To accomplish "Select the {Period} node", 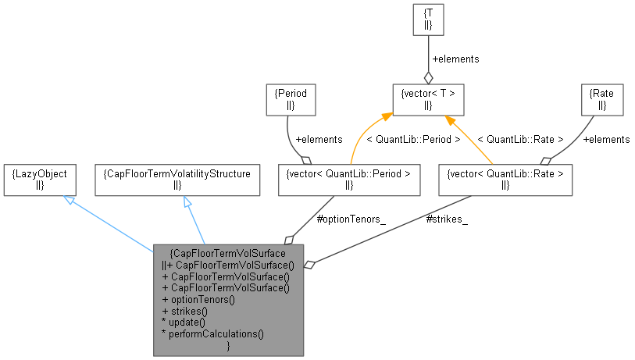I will point(290,98).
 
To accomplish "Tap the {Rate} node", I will point(604,98).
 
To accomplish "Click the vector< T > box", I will point(427,99).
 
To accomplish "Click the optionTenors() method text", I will point(198,298).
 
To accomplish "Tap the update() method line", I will point(183,322).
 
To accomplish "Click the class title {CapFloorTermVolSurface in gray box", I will point(228,253).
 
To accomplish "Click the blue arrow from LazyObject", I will point(109,224).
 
